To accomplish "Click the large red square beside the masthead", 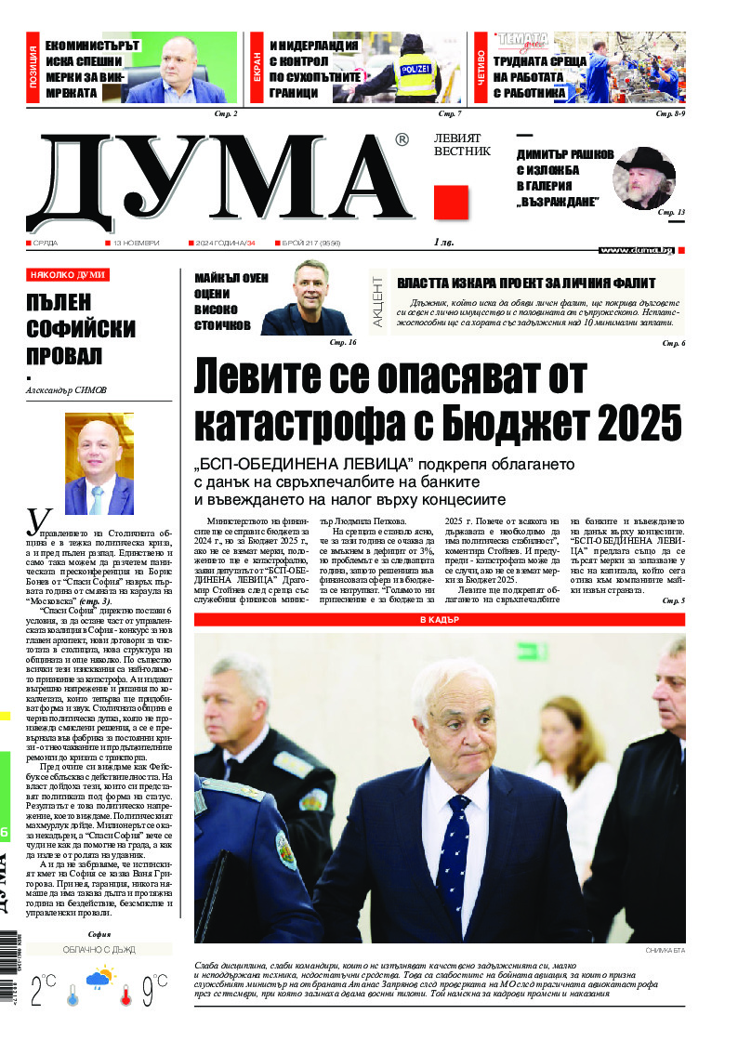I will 451,203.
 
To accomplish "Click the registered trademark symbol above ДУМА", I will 402,139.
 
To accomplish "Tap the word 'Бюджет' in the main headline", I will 521,423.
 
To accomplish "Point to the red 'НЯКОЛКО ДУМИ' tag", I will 67,275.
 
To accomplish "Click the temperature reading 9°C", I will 152,991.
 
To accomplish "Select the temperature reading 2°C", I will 43,991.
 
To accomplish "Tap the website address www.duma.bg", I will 636,250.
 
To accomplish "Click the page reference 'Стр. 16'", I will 343,343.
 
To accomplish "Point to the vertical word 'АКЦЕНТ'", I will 377,300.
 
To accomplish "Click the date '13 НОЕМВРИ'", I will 136,243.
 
